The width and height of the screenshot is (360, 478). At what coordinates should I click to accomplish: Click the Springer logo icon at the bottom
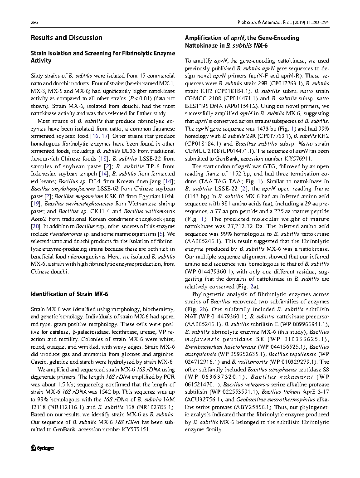pos(33,448)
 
